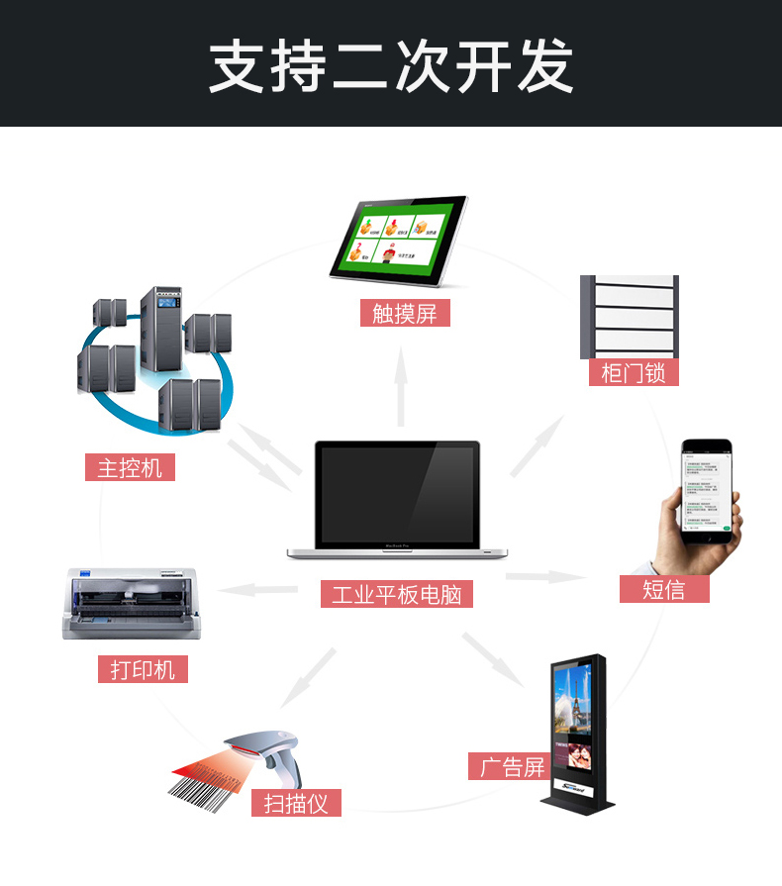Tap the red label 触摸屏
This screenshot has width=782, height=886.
tap(405, 314)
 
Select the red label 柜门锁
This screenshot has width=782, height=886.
tap(634, 372)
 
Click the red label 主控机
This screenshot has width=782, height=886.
tap(130, 467)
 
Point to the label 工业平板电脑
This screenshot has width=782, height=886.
tap(397, 594)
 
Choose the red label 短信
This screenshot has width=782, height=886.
tap(664, 589)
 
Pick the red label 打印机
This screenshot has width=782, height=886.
tap(143, 669)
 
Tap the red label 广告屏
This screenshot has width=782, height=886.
tap(513, 766)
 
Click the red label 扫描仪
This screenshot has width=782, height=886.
tap(296, 802)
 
